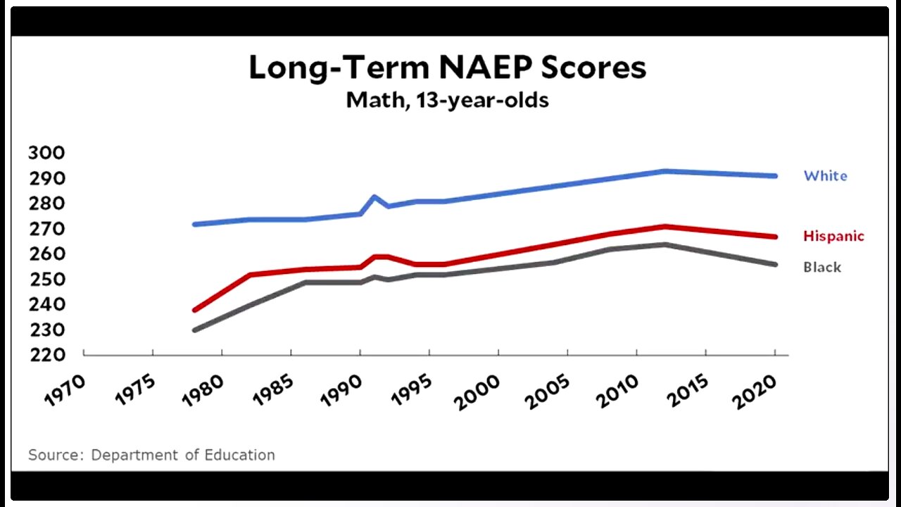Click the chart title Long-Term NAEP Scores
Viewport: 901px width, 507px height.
tap(447, 68)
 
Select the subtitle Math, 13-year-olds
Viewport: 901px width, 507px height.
tap(447, 100)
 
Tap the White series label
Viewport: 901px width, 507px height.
tap(825, 176)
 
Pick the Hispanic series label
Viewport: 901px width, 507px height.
tap(833, 236)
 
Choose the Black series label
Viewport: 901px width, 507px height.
tap(822, 268)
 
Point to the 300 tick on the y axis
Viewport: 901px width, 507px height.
tap(47, 153)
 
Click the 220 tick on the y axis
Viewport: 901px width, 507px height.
tap(47, 355)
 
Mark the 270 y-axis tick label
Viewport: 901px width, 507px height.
tap(47, 229)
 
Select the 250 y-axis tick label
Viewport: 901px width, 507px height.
tap(47, 280)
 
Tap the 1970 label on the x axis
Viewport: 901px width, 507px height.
tap(65, 389)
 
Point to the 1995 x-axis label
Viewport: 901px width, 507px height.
tap(410, 389)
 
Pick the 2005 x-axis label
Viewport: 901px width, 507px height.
tap(548, 389)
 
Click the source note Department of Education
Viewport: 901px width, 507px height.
tap(151, 455)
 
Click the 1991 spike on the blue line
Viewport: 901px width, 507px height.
tap(374, 196)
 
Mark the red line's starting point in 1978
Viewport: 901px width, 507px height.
tap(194, 310)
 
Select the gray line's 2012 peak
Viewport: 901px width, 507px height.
tap(664, 244)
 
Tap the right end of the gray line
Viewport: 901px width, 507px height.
tap(775, 265)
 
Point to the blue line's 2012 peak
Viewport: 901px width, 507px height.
tap(664, 171)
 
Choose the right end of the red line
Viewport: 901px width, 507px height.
tap(775, 237)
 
